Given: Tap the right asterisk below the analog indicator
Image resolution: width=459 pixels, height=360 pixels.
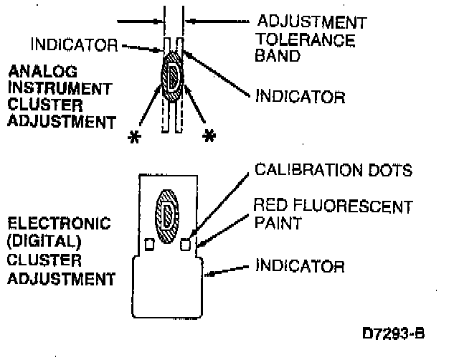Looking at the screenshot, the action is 209,136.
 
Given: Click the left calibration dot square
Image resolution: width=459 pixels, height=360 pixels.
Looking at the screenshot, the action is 149,245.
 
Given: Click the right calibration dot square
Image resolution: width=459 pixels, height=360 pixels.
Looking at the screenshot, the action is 186,245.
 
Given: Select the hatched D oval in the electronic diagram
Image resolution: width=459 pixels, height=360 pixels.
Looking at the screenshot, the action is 168,213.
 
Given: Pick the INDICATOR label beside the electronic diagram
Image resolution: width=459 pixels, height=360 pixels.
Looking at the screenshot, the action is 301,267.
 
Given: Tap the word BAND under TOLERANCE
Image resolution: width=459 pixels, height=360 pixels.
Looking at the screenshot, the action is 276,56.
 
